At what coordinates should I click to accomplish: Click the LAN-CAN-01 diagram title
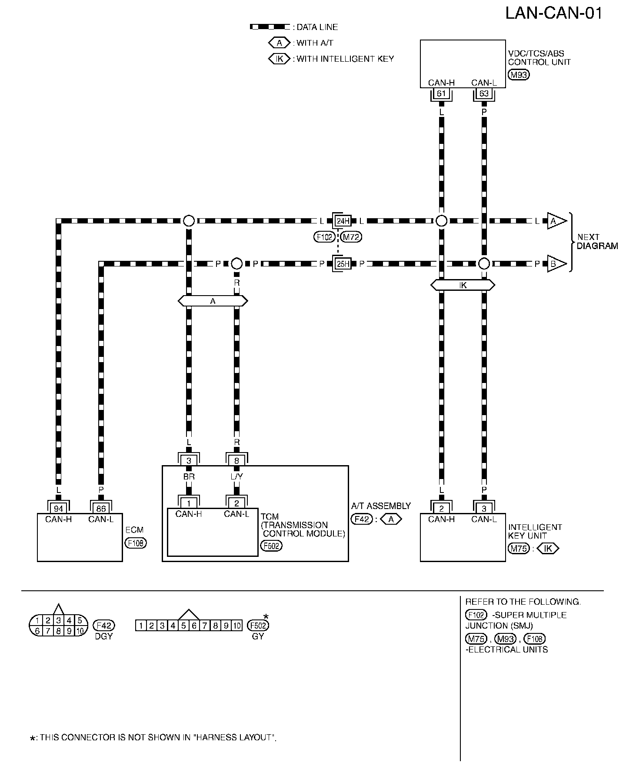(554, 13)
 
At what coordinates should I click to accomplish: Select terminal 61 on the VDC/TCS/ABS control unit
(441, 93)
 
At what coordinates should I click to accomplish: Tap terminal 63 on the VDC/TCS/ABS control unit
(484, 93)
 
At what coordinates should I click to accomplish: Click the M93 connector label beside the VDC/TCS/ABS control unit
(518, 75)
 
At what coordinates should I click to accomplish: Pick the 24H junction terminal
(343, 221)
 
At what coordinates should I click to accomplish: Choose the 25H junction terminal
(343, 263)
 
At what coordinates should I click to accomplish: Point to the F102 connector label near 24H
(324, 237)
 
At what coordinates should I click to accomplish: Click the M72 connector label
(352, 237)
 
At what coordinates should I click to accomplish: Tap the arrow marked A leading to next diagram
(556, 221)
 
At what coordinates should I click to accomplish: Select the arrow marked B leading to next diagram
(556, 263)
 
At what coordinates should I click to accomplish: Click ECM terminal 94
(58, 508)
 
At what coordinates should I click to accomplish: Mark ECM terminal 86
(101, 508)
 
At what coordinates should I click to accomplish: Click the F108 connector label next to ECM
(136, 543)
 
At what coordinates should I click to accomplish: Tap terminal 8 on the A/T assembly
(236, 461)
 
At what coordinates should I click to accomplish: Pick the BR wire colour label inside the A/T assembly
(189, 476)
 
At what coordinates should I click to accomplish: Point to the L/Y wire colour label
(236, 476)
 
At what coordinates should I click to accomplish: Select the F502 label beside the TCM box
(271, 546)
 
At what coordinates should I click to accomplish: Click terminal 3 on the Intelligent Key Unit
(484, 508)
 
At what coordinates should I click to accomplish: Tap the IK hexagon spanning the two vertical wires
(463, 285)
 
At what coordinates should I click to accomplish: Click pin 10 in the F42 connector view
(80, 631)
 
